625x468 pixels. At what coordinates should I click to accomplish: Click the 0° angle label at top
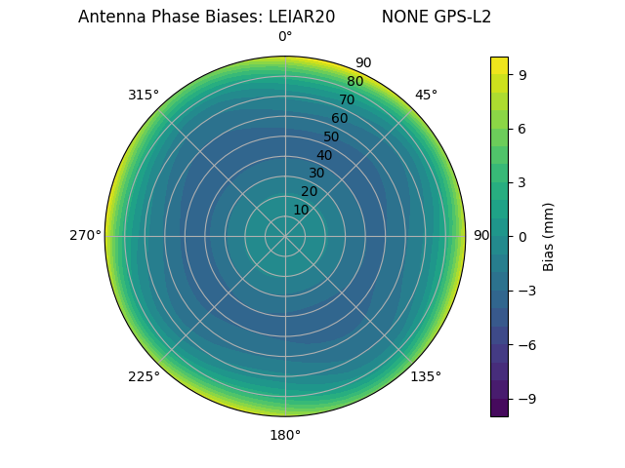point(285,37)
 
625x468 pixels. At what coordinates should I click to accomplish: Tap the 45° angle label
point(426,95)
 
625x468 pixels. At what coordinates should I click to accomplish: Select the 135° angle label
point(426,376)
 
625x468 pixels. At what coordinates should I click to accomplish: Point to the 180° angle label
point(285,435)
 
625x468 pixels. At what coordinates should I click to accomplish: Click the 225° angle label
point(144,376)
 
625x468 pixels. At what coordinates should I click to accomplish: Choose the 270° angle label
point(85,236)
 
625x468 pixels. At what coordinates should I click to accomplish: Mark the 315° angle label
point(144,95)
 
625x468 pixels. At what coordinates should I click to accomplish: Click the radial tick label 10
point(301,210)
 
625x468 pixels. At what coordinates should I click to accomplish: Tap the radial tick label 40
point(324,155)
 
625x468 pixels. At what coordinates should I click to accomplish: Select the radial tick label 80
point(355,81)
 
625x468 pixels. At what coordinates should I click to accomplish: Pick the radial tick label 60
point(340,118)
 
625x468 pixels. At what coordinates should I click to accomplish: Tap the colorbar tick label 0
point(522,236)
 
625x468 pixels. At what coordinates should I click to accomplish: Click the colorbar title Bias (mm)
point(549,236)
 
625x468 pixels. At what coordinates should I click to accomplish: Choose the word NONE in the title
point(401,17)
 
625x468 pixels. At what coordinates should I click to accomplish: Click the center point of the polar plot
point(285,236)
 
